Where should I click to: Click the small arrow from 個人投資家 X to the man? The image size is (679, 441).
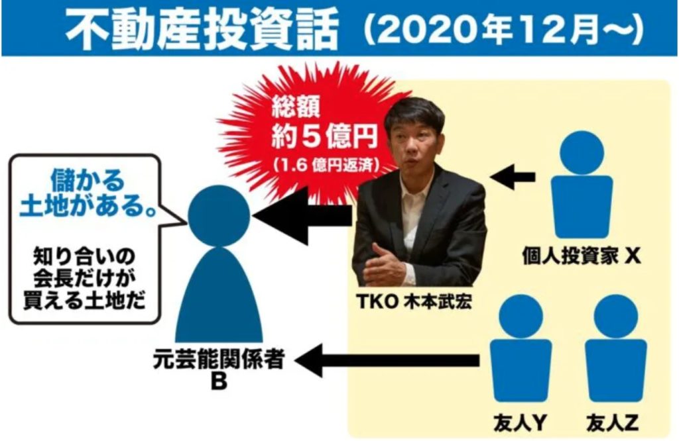513,176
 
